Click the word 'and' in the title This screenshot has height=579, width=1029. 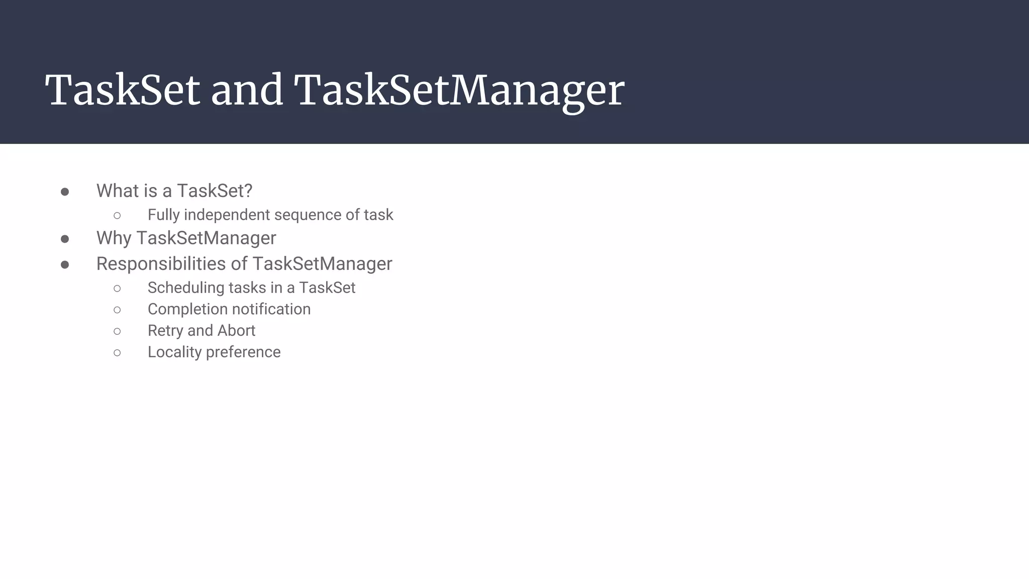pyautogui.click(x=247, y=90)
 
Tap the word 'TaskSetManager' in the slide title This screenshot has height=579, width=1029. pyautogui.click(x=459, y=90)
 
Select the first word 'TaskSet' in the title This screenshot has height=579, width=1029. pyautogui.click(x=123, y=90)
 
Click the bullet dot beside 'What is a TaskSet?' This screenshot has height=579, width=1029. pyautogui.click(x=65, y=191)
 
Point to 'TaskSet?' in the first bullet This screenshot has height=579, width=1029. pyautogui.click(x=215, y=191)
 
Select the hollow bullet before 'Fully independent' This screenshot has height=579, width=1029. pyautogui.click(x=117, y=216)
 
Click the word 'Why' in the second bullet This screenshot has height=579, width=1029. pyautogui.click(x=114, y=238)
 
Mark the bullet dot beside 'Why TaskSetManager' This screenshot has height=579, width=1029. pyautogui.click(x=65, y=239)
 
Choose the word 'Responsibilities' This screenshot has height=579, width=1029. pyautogui.click(x=161, y=264)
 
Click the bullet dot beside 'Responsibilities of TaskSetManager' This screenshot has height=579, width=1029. pyautogui.click(x=65, y=264)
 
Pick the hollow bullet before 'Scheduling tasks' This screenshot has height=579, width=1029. pyautogui.click(x=117, y=288)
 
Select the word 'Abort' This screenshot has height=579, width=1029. pyautogui.click(x=236, y=331)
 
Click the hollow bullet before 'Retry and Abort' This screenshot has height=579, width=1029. pyautogui.click(x=117, y=331)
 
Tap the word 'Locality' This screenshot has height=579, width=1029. pyautogui.click(x=174, y=352)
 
